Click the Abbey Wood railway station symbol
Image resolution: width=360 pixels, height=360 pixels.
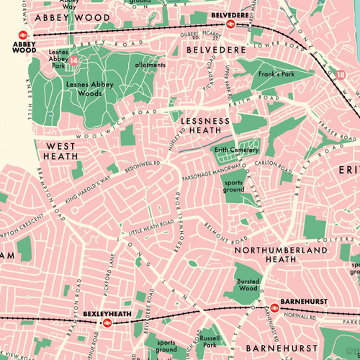pos(23,34)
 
